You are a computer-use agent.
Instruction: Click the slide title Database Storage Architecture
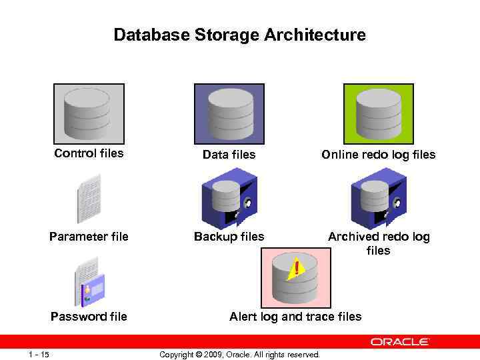(x=239, y=35)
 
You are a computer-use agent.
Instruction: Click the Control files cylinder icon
(x=89, y=113)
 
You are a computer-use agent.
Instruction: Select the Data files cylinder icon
(x=229, y=113)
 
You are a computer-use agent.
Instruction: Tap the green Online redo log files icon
(x=378, y=113)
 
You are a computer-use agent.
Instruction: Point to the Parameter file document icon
(x=89, y=198)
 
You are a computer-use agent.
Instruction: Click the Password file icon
(x=89, y=285)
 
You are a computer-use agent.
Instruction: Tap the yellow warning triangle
(x=296, y=268)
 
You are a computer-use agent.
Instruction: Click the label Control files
(x=89, y=153)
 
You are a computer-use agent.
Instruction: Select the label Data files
(x=229, y=155)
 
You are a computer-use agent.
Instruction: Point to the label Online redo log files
(x=378, y=155)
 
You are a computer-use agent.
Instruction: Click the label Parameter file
(x=89, y=237)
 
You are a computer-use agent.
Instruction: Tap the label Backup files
(x=229, y=237)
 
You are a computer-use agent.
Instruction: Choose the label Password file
(x=89, y=316)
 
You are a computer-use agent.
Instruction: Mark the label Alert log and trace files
(x=295, y=316)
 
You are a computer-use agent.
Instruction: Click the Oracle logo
(x=400, y=342)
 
